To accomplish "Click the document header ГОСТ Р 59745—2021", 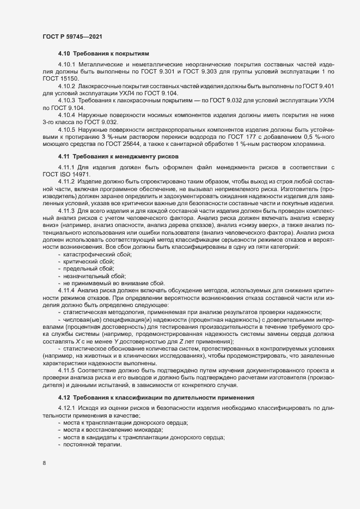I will [x=70, y=36].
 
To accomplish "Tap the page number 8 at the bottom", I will [x=44, y=463].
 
